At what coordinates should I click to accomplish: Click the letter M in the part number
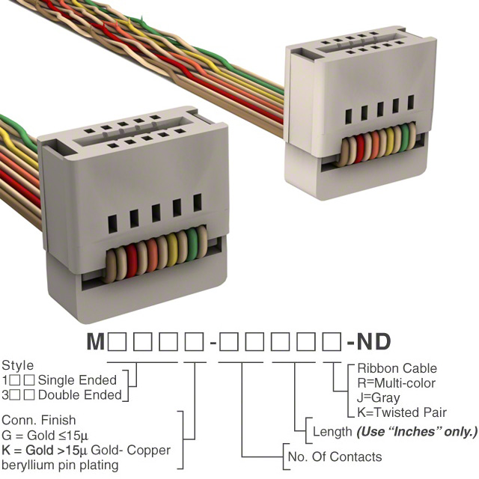(96, 343)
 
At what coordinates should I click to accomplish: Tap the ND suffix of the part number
(373, 343)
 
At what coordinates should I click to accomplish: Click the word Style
(18, 366)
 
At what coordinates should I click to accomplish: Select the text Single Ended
(77, 380)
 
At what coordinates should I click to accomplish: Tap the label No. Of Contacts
(335, 457)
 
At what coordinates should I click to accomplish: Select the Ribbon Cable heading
(397, 368)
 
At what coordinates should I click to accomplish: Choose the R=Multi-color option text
(397, 383)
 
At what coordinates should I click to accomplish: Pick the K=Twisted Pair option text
(402, 412)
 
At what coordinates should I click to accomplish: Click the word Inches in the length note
(416, 431)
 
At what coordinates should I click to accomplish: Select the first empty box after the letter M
(118, 343)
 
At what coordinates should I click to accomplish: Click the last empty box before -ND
(331, 343)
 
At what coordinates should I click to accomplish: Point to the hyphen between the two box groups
(213, 344)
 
